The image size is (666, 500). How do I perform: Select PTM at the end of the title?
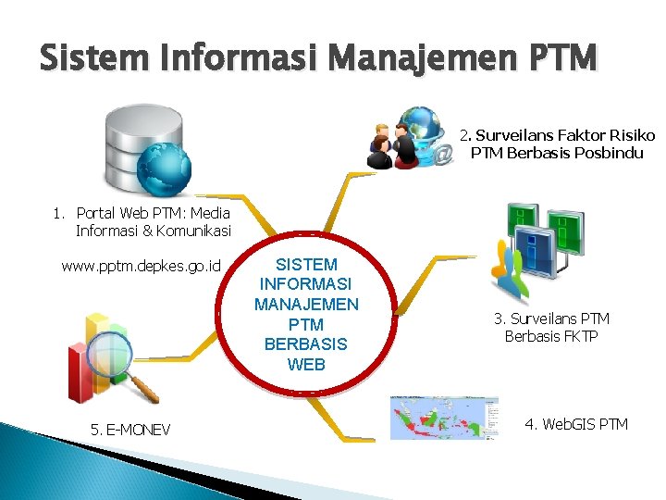point(564,60)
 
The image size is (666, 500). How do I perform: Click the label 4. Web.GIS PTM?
point(575,424)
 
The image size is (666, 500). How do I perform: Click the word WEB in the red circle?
point(306,364)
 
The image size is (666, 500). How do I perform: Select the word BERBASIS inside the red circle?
point(306,344)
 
